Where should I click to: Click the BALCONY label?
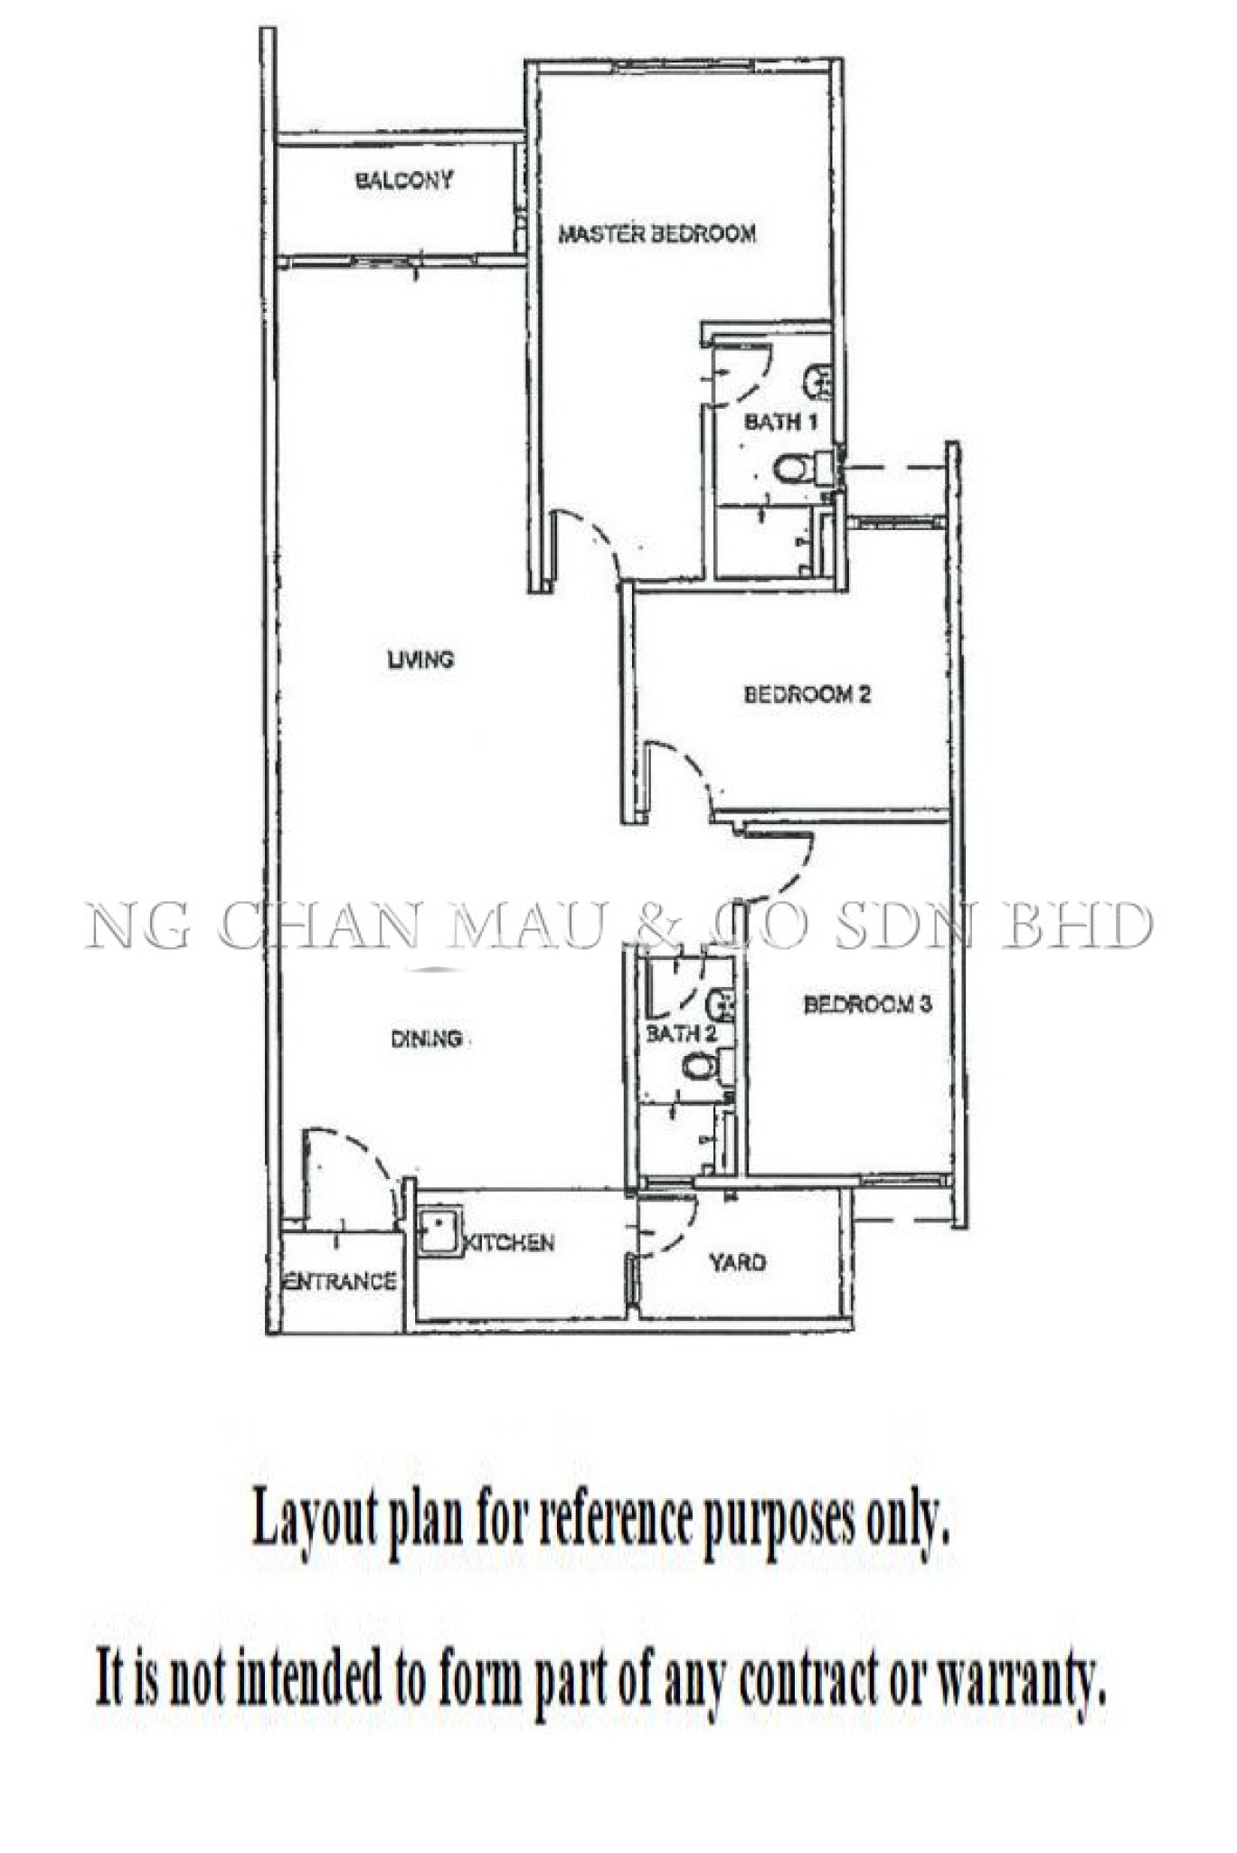click(404, 180)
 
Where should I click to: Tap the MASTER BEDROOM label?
click(657, 234)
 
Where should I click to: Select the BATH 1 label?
click(781, 422)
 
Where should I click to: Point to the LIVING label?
click(420, 660)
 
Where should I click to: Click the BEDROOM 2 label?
click(807, 695)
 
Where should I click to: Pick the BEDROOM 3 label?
click(868, 1004)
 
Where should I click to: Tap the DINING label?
click(427, 1039)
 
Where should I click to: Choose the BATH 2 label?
click(681, 1033)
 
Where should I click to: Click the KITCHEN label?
click(509, 1243)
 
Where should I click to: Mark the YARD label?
click(738, 1262)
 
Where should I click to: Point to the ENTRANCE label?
click(340, 1281)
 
